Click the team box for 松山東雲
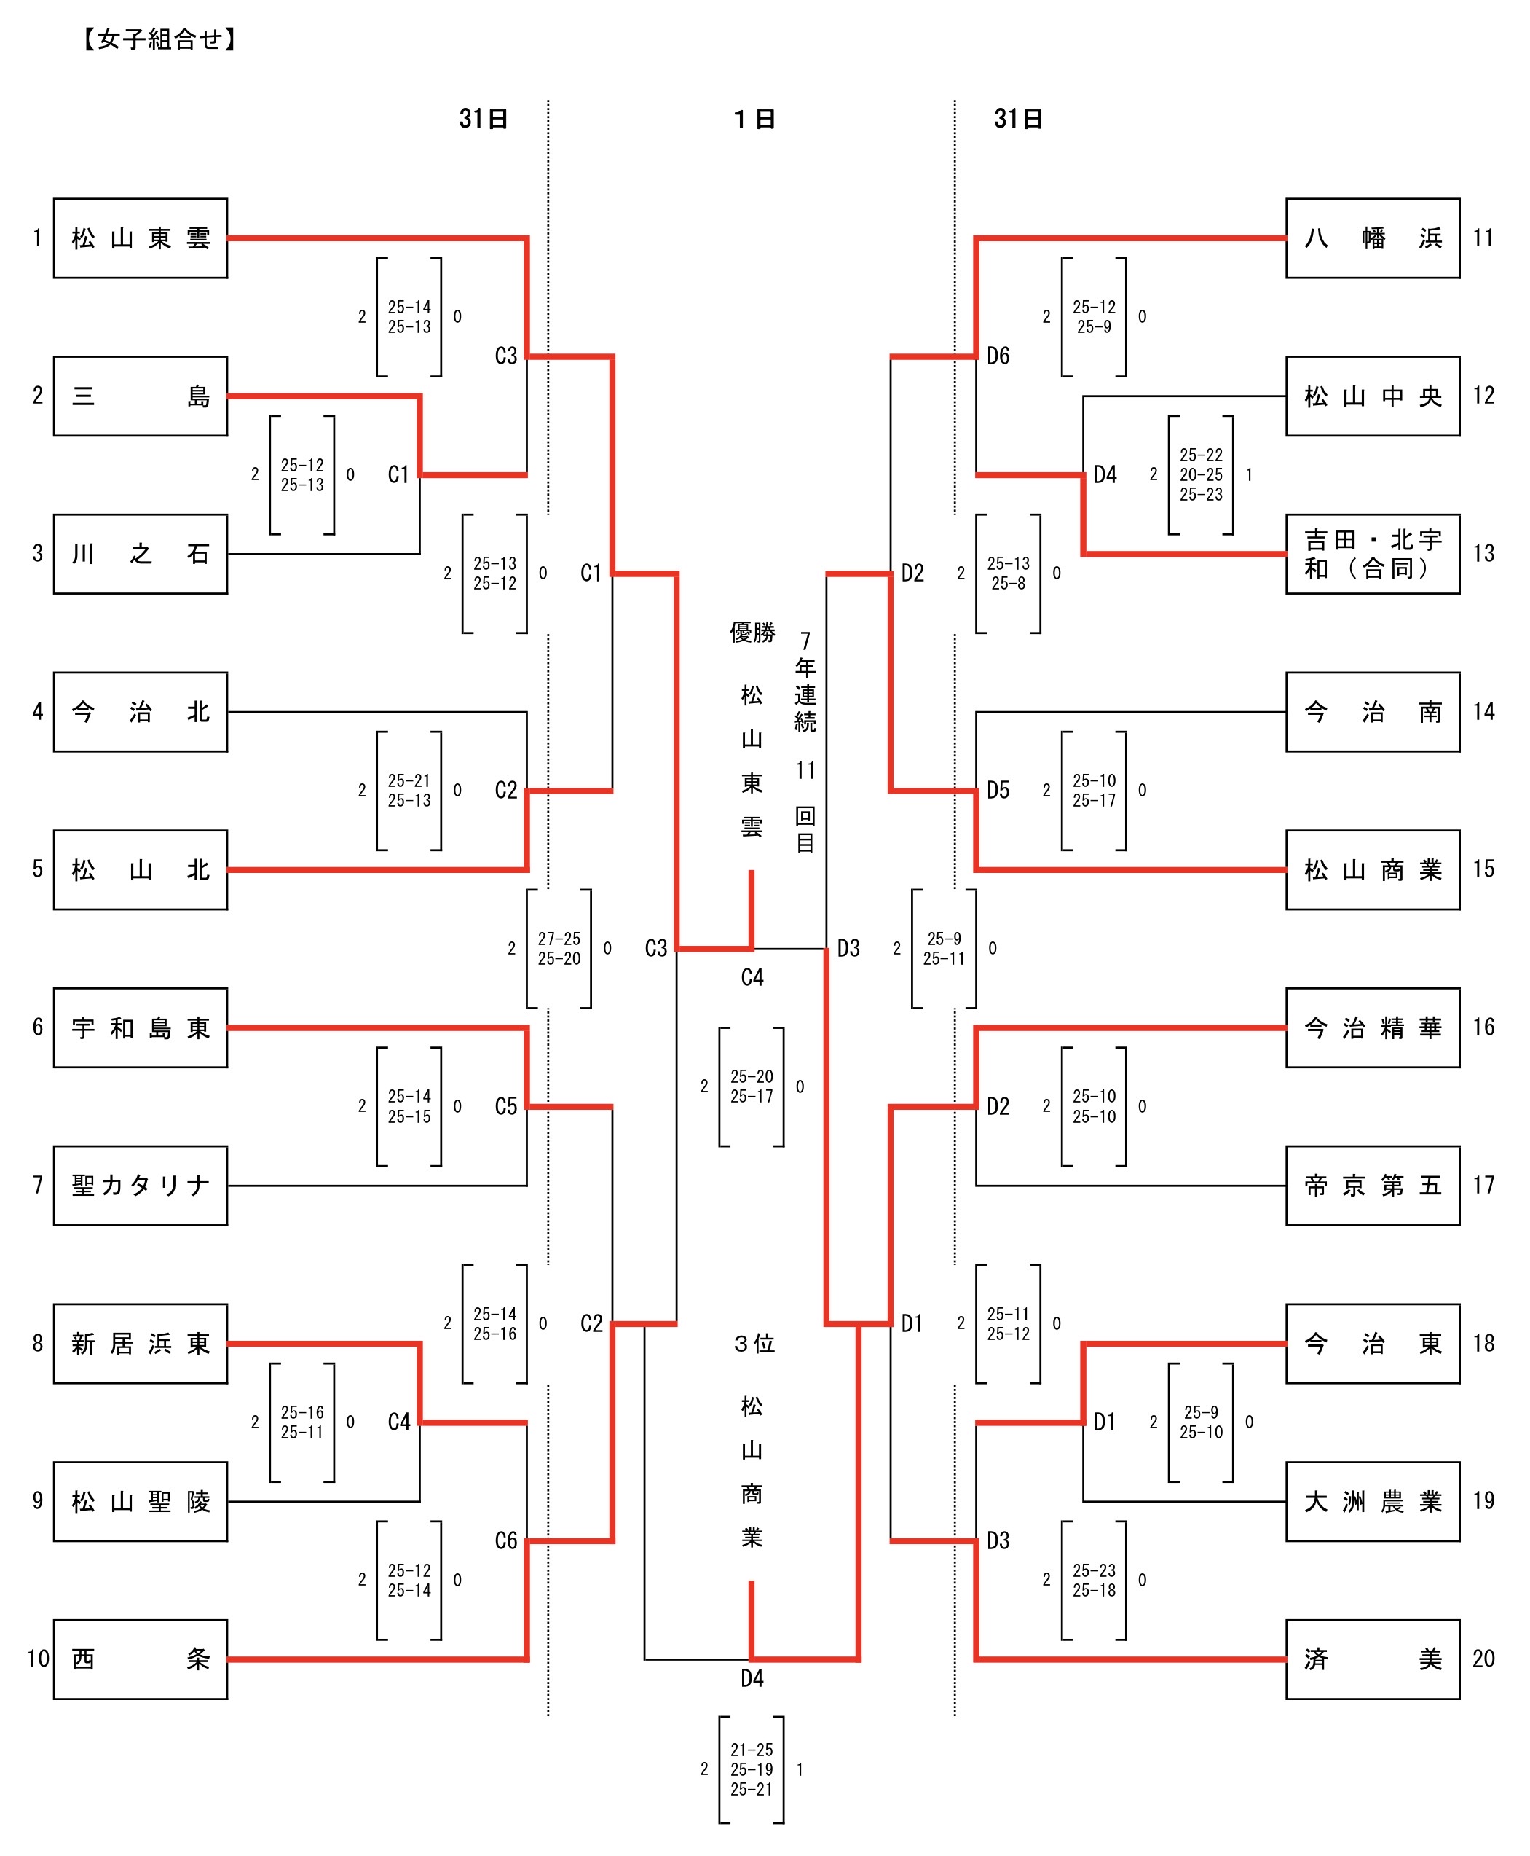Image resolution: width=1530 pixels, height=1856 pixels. (x=140, y=238)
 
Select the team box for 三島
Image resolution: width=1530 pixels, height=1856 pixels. (x=140, y=396)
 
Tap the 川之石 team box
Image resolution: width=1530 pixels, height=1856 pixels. (x=140, y=554)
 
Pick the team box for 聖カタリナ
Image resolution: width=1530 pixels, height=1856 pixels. (x=140, y=1185)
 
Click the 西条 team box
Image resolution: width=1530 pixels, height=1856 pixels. (x=140, y=1659)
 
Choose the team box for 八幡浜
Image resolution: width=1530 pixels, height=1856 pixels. (x=1372, y=238)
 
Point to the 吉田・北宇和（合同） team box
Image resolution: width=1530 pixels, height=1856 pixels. (x=1372, y=554)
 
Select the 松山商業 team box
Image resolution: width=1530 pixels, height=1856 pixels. (x=1372, y=869)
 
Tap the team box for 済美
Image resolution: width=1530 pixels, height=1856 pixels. (x=1372, y=1659)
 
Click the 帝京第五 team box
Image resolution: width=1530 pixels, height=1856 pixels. (x=1372, y=1185)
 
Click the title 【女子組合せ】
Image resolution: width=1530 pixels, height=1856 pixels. (x=159, y=39)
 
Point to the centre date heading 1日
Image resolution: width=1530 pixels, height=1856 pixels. (x=754, y=119)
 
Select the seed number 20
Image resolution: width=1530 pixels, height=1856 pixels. (x=1483, y=1659)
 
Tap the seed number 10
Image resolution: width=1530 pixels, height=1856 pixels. (x=38, y=1659)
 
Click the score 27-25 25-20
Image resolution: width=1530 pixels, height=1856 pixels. (x=559, y=949)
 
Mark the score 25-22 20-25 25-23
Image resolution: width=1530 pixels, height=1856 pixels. (x=1200, y=474)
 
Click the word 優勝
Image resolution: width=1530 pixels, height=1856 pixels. (x=752, y=633)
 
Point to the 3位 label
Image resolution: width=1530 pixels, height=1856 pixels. (x=754, y=1344)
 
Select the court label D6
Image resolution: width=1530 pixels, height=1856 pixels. (x=998, y=356)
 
